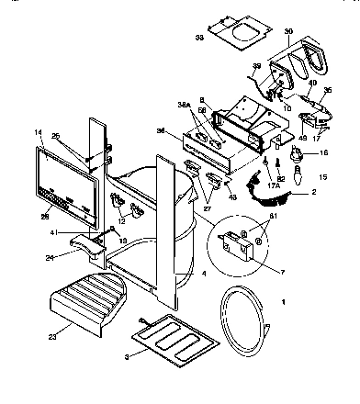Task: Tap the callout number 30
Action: coord(288,31)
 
